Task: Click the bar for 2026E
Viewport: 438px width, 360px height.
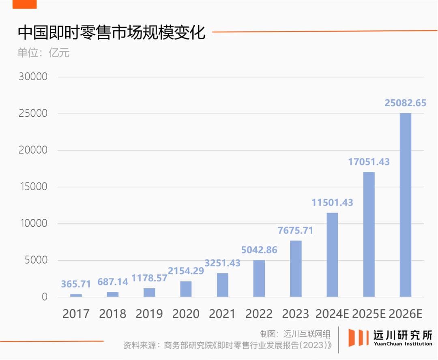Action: pos(405,205)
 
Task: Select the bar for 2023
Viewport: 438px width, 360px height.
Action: pos(296,268)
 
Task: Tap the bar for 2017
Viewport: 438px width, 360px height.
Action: pos(76,295)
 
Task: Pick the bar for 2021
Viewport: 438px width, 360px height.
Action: pos(222,285)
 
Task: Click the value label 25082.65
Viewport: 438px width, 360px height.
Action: pos(405,103)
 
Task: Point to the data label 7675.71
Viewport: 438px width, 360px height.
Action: pos(295,230)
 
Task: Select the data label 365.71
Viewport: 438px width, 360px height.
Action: pos(76,284)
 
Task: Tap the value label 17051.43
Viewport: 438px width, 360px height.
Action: pos(369,162)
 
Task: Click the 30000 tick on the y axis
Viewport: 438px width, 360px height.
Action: pos(33,77)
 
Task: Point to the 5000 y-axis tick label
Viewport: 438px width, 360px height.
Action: pos(36,260)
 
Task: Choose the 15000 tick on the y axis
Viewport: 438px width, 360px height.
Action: pos(33,186)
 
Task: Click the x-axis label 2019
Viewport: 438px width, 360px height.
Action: pos(149,314)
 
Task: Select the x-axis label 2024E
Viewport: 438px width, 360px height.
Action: pos(332,314)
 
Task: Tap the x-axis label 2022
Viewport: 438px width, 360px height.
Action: pos(259,314)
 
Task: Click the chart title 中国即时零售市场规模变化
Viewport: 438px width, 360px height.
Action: pos(112,32)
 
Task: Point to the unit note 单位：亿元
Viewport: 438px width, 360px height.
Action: pos(43,53)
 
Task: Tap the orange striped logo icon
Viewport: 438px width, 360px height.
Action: pos(358,337)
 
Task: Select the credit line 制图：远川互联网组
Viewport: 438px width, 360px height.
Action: pos(295,334)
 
